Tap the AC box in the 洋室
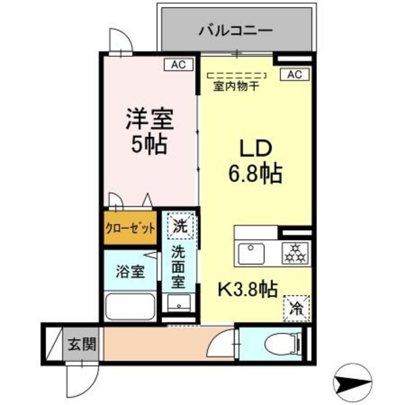click(x=178, y=63)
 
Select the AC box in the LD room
click(x=294, y=75)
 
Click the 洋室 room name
click(x=149, y=119)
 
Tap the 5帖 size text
click(x=149, y=146)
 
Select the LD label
click(x=255, y=148)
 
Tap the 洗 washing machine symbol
click(x=180, y=225)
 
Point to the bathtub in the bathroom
click(x=130, y=307)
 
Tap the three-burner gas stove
click(x=294, y=252)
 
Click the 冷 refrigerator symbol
click(x=296, y=308)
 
